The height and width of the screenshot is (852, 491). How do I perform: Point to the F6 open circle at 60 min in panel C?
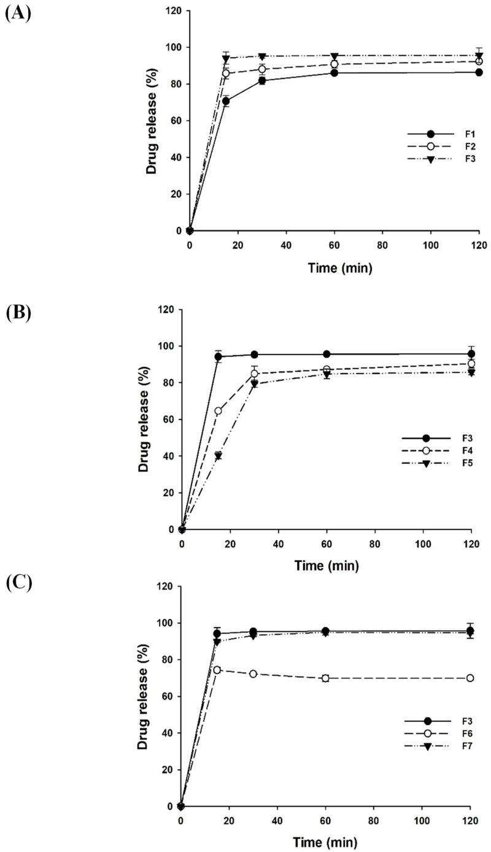tap(325, 678)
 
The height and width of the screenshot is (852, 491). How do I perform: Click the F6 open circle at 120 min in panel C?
tap(470, 678)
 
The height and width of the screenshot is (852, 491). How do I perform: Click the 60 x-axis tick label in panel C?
tap(325, 821)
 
